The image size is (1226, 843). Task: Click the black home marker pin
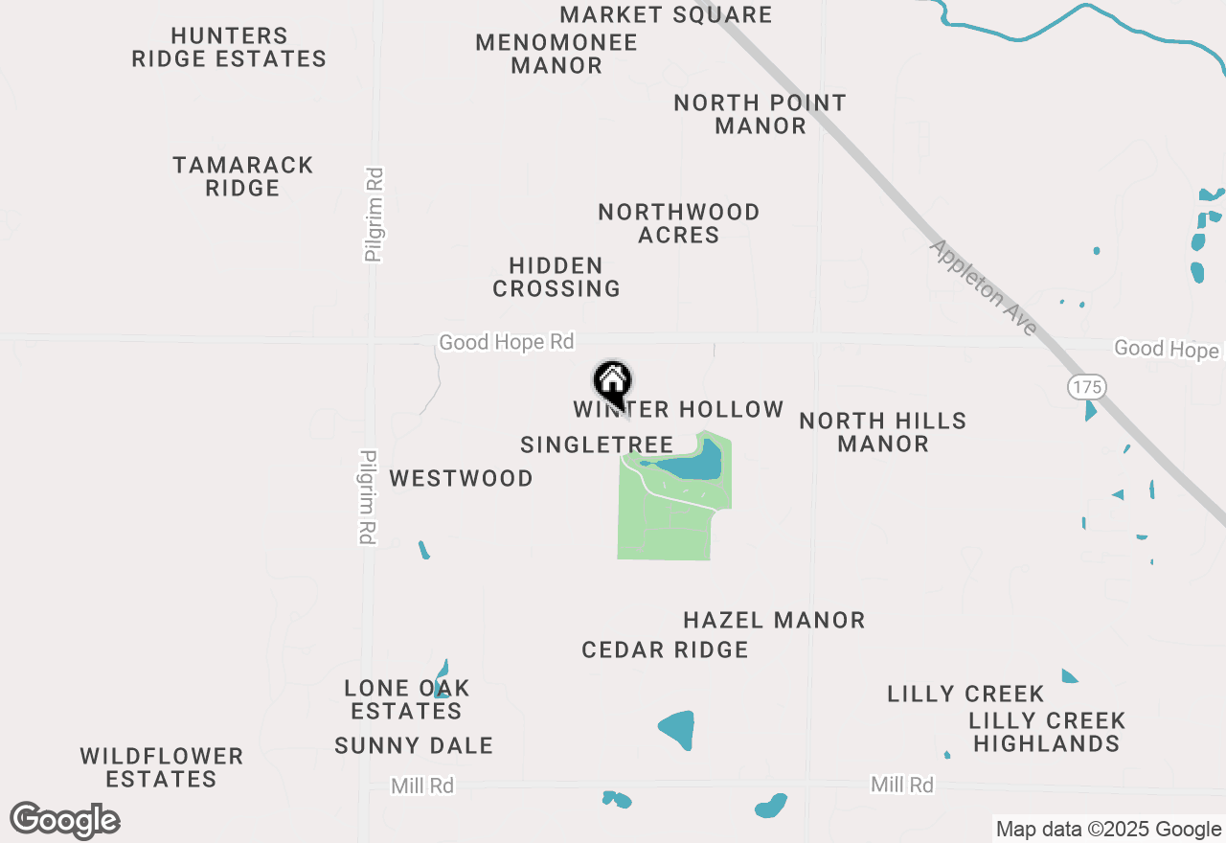pyautogui.click(x=613, y=383)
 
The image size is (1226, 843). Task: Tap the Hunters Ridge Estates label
pyautogui.click(x=229, y=48)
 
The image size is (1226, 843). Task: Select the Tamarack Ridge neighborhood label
pyautogui.click(x=243, y=176)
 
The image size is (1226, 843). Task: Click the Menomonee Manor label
pyautogui.click(x=556, y=55)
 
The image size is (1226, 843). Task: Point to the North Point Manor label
pyautogui.click(x=761, y=114)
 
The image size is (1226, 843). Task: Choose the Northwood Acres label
pyautogui.click(x=679, y=223)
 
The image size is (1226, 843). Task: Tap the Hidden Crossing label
pyautogui.click(x=556, y=277)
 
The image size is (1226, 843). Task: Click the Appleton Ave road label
pyautogui.click(x=983, y=287)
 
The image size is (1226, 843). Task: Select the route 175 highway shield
pyautogui.click(x=1087, y=387)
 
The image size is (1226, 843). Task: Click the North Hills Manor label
pyautogui.click(x=883, y=432)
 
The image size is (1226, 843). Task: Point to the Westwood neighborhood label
pyautogui.click(x=461, y=478)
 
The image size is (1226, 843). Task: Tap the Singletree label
pyautogui.click(x=597, y=444)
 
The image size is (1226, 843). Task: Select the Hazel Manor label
pyautogui.click(x=774, y=621)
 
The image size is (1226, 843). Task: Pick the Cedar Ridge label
pyautogui.click(x=665, y=650)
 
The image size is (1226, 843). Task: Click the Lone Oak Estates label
pyautogui.click(x=407, y=699)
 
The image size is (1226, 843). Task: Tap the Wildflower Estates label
pyautogui.click(x=162, y=767)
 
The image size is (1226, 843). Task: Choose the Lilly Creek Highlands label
pyautogui.click(x=1047, y=732)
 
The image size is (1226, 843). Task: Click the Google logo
pyautogui.click(x=65, y=820)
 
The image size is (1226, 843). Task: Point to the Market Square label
pyautogui.click(x=666, y=14)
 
